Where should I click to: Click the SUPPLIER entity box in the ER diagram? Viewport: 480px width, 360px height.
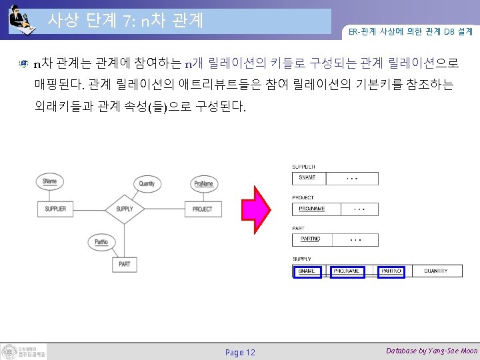coord(55,209)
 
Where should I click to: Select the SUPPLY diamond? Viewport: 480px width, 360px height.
coord(124,209)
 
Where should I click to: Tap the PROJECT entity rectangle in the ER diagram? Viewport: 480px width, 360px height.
coord(202,209)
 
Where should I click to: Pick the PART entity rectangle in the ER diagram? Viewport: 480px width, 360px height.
coord(124,265)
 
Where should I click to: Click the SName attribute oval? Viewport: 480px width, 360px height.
coord(49,181)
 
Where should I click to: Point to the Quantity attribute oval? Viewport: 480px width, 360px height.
coord(147,183)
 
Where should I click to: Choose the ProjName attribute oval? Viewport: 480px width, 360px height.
coord(203,183)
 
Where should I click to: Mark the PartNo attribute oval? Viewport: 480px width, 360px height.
coord(101,241)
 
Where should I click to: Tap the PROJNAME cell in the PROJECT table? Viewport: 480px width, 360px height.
coord(312,209)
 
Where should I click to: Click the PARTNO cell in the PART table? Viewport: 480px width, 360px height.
coord(310,239)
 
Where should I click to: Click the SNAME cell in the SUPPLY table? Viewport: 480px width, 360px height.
coord(307,271)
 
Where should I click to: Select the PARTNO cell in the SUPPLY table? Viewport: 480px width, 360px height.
coord(391,271)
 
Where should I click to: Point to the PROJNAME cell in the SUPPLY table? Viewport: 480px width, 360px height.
coord(348,271)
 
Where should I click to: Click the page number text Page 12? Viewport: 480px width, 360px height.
coord(240,352)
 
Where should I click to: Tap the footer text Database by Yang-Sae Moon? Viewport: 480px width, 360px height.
coord(431,351)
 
